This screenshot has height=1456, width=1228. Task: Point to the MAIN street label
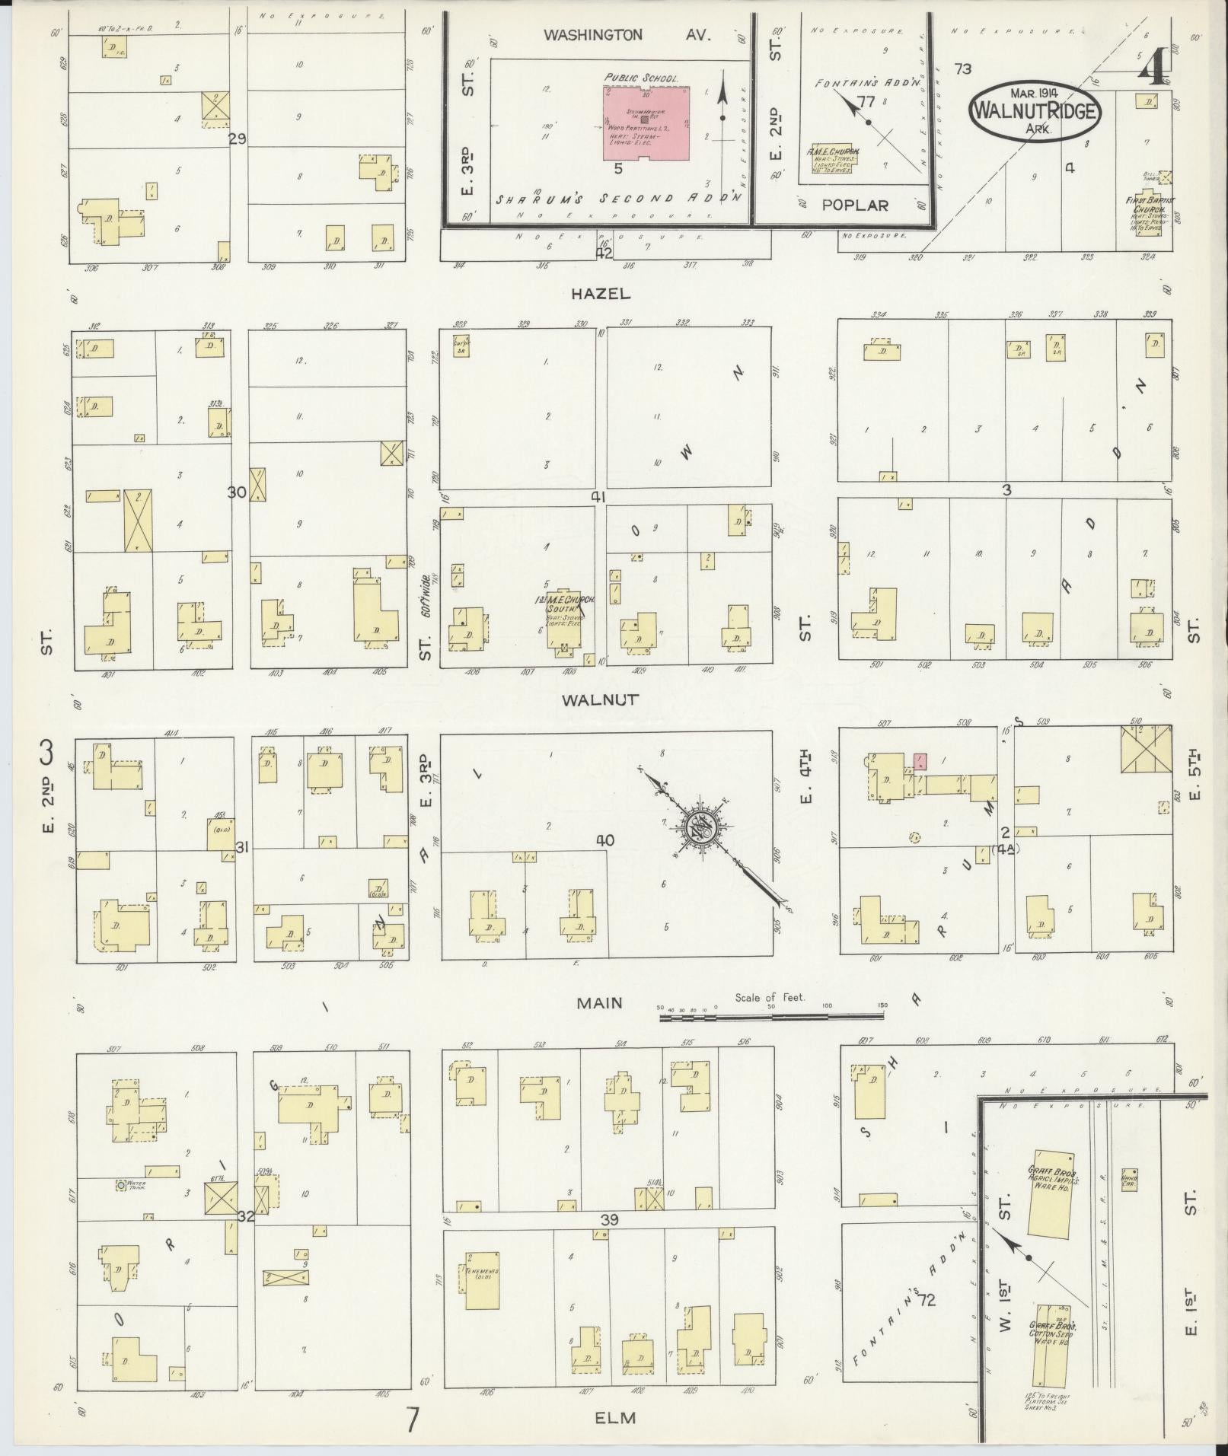coord(599,1003)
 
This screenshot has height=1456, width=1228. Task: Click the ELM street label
coord(614,1417)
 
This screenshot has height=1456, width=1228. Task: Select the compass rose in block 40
coord(697,828)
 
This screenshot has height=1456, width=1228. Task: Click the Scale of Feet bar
coord(773,1016)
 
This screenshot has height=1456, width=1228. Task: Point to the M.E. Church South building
coord(564,620)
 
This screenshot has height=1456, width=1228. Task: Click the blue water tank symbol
coord(120,1206)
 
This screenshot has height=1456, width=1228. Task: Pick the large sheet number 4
coord(1153,67)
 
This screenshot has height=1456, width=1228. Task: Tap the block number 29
coord(238,139)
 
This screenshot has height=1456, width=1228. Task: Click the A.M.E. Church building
coord(831,158)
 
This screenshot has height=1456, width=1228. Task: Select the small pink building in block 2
coord(920,761)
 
